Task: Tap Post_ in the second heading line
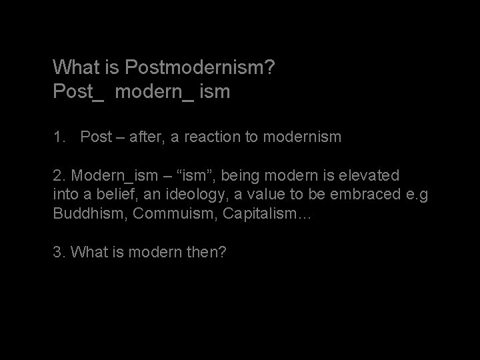click(x=79, y=91)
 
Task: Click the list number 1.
click(x=59, y=137)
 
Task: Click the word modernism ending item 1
click(x=303, y=137)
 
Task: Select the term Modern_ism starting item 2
click(x=108, y=175)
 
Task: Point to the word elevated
click(x=369, y=175)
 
